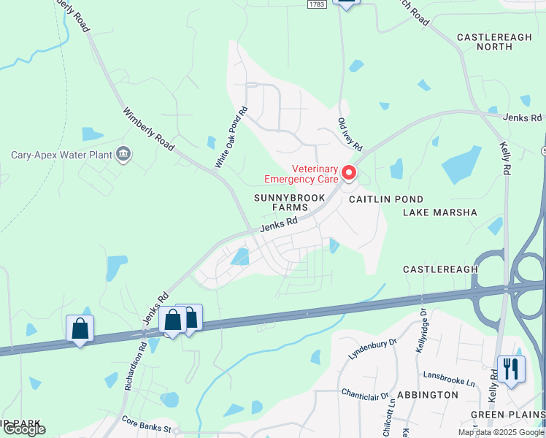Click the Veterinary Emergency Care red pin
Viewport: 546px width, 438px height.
pyautogui.click(x=349, y=173)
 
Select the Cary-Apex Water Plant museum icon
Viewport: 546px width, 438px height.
pyautogui.click(x=124, y=154)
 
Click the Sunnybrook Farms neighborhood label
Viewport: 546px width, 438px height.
pyautogui.click(x=282, y=202)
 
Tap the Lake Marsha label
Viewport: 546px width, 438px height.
pyautogui.click(x=439, y=212)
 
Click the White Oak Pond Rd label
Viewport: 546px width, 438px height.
pyautogui.click(x=231, y=138)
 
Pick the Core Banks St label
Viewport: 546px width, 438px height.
pyautogui.click(x=146, y=421)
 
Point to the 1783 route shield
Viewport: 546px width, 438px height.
pyautogui.click(x=315, y=4)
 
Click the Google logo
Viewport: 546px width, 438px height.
pyautogui.click(x=24, y=429)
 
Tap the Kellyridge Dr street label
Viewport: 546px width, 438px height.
pyautogui.click(x=421, y=331)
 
